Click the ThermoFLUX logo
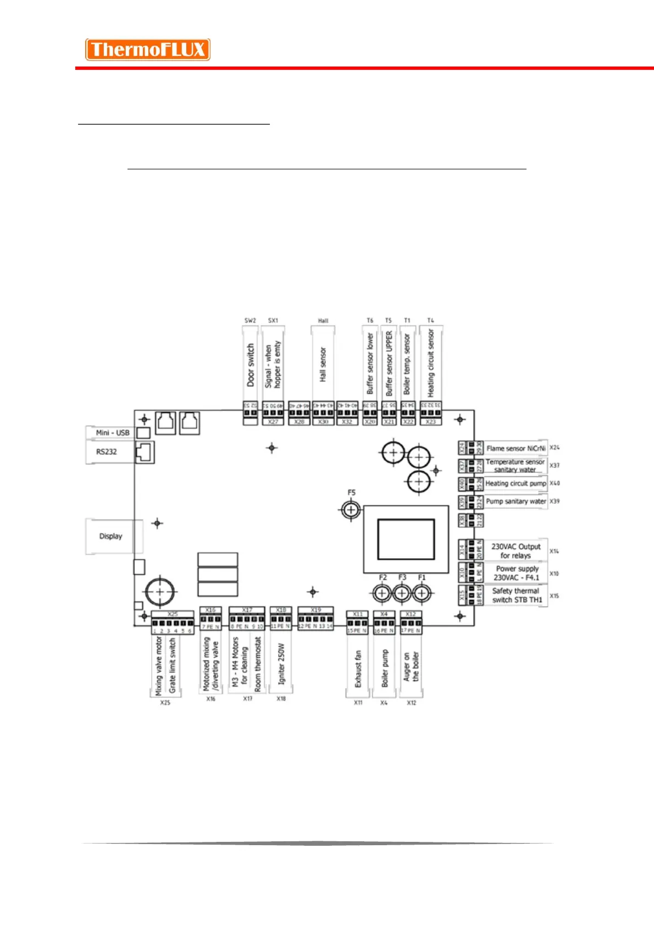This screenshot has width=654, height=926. (148, 49)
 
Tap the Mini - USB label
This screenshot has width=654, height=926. (113, 433)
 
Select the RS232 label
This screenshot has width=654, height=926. (107, 451)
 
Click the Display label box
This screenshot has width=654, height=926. (110, 536)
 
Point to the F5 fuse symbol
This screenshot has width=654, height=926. (351, 510)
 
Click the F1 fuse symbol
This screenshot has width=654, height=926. (422, 593)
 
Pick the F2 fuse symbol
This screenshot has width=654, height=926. (383, 593)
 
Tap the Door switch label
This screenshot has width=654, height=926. (251, 365)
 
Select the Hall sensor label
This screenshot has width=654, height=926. (323, 364)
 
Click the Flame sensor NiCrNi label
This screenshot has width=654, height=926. (516, 448)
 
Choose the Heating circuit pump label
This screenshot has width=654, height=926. (516, 483)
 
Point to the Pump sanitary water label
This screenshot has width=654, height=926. (516, 501)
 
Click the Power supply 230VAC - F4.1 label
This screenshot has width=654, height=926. (517, 573)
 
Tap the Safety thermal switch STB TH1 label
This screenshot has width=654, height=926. (517, 595)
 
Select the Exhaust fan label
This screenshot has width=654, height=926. (358, 669)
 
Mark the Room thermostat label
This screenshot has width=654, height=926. (258, 664)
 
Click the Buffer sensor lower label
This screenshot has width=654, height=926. (370, 363)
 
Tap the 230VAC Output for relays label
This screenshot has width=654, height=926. (516, 551)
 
